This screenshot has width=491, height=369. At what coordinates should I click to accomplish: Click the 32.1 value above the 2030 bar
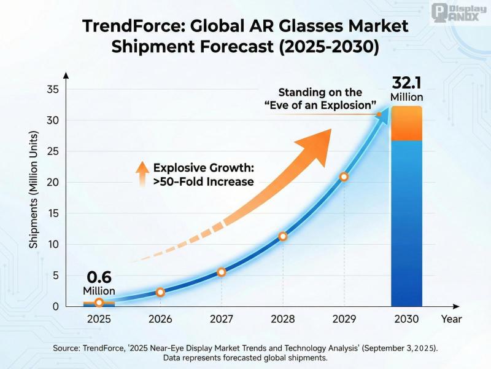[406, 82]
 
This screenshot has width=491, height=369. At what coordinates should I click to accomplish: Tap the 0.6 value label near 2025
[99, 277]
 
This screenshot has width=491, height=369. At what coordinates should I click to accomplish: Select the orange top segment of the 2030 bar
[406, 124]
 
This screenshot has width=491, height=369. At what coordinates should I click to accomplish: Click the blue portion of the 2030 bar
[406, 221]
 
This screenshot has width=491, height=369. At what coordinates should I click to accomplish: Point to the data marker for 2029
[344, 177]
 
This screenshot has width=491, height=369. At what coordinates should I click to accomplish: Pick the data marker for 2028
[283, 236]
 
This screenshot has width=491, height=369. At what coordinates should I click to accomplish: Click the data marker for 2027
[222, 272]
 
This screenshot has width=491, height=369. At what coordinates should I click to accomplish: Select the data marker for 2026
[160, 292]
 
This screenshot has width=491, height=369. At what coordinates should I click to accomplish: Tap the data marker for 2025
[99, 303]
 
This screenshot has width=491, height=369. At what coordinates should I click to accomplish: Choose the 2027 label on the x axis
[222, 319]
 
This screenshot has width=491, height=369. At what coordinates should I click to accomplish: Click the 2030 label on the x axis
[406, 319]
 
